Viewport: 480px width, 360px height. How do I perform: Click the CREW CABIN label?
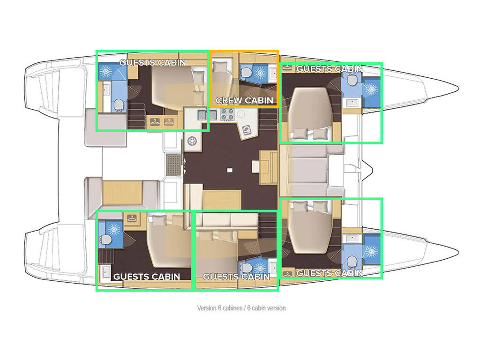click(x=244, y=100)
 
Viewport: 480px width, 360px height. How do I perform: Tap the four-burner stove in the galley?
click(x=227, y=114)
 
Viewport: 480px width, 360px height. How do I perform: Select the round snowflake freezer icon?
click(x=192, y=141)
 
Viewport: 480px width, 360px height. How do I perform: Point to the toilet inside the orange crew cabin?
click(x=247, y=73)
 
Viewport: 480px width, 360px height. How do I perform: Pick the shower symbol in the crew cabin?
click(x=261, y=73)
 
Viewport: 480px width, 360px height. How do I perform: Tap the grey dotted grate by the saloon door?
click(x=173, y=165)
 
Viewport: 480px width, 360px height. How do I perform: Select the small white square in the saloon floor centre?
click(x=229, y=170)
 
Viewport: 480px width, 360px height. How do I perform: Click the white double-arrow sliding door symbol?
click(x=185, y=166)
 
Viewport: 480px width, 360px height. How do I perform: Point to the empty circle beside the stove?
click(x=241, y=114)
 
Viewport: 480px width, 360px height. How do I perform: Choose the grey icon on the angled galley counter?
click(x=246, y=130)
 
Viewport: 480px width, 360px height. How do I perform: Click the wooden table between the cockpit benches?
click(x=122, y=192)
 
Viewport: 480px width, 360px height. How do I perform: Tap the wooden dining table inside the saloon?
click(x=222, y=200)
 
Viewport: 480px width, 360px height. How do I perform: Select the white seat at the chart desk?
click(x=256, y=167)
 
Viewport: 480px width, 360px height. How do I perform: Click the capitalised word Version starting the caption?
click(x=207, y=308)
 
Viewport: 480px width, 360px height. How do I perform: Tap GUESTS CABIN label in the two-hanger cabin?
click(x=152, y=62)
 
